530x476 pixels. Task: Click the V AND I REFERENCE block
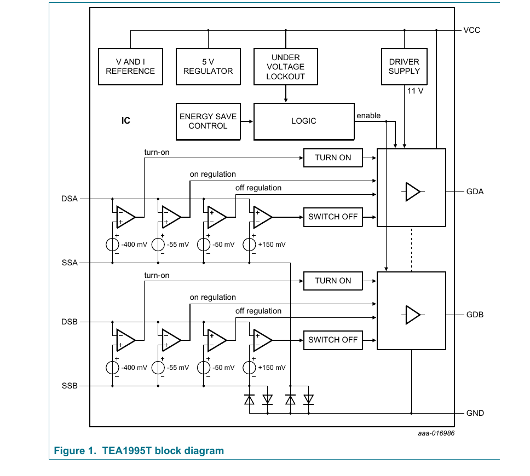(x=130, y=67)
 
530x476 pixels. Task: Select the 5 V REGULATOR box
(x=208, y=67)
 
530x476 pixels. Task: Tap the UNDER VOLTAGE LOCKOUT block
(x=286, y=67)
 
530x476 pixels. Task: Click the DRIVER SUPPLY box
(x=404, y=67)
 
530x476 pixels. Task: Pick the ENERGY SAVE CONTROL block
(x=208, y=121)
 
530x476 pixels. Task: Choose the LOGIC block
(x=304, y=121)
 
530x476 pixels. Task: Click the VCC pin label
(x=471, y=31)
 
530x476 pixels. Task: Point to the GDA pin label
(x=475, y=191)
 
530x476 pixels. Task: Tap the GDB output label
(x=475, y=315)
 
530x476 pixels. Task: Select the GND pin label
(x=475, y=413)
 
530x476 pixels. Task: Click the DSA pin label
(x=70, y=199)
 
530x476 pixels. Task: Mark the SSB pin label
(x=70, y=386)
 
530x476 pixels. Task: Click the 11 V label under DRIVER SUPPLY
(x=415, y=91)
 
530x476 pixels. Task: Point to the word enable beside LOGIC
(x=368, y=115)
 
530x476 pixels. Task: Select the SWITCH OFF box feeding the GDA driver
(x=333, y=217)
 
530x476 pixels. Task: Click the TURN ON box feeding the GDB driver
(x=333, y=281)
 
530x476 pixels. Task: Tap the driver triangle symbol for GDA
(x=413, y=192)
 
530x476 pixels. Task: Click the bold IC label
(x=126, y=120)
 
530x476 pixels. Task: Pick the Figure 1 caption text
(x=139, y=451)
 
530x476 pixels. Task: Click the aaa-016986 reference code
(x=436, y=433)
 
